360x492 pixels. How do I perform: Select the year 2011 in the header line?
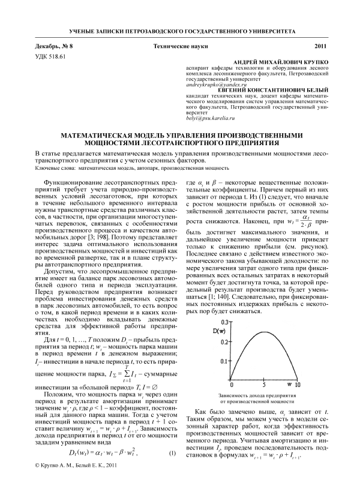(x=320, y=46)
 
